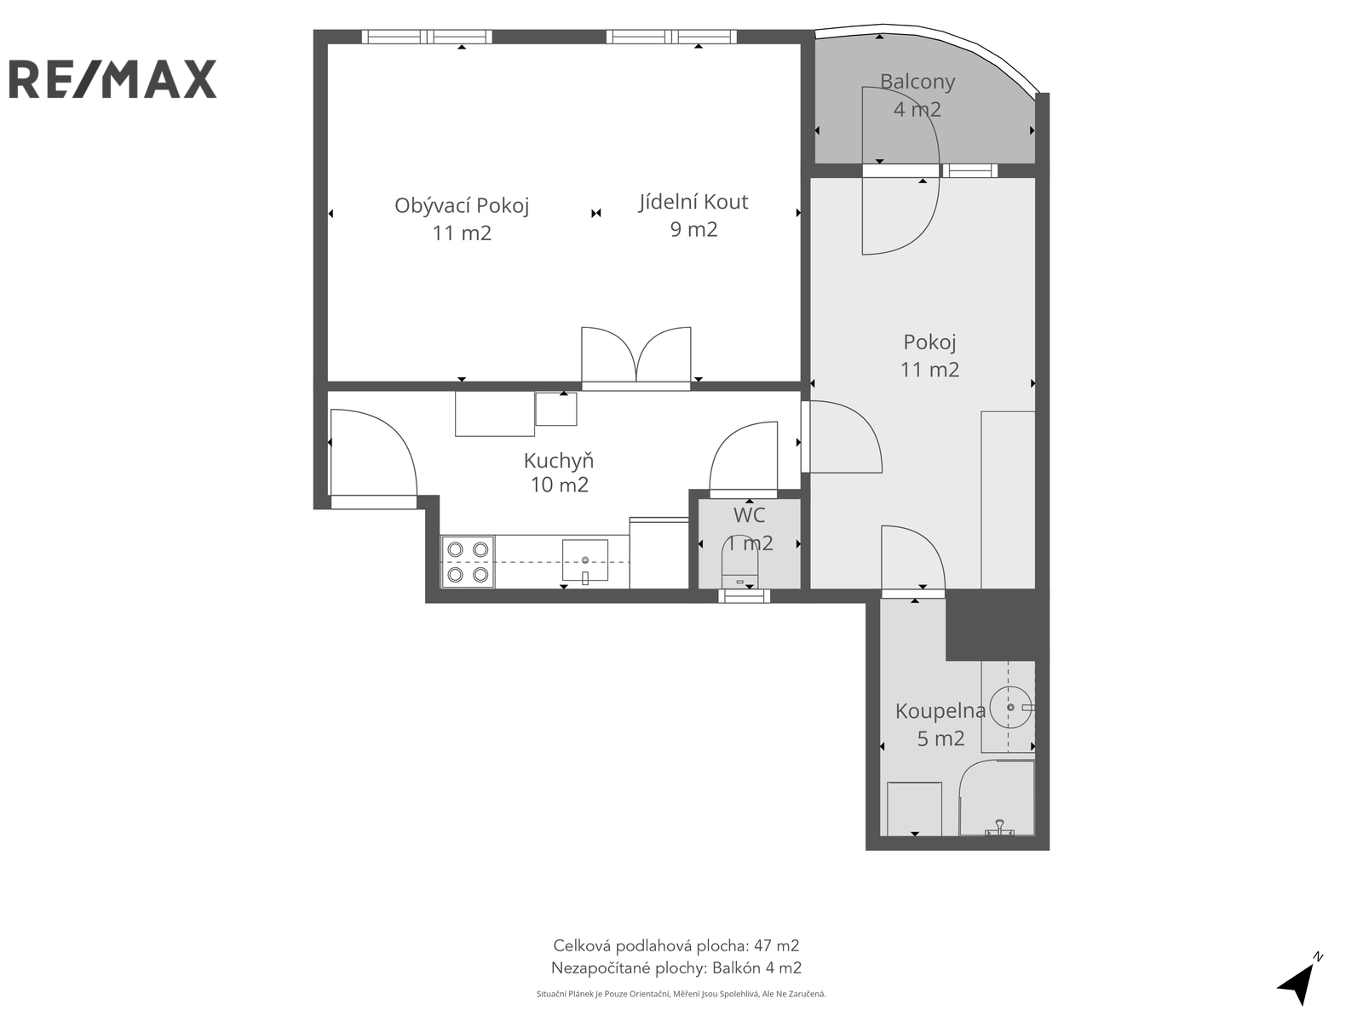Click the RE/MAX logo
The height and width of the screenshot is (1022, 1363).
click(x=112, y=79)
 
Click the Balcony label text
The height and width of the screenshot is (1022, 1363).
click(x=917, y=81)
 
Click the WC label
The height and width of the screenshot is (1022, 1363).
click(x=749, y=515)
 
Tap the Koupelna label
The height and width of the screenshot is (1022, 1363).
click(x=940, y=711)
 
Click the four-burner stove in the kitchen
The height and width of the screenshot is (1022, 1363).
click(x=468, y=561)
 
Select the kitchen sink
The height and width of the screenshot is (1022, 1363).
click(x=585, y=560)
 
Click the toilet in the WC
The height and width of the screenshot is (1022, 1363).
click(x=740, y=561)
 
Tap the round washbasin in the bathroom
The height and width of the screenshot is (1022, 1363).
click(x=1011, y=708)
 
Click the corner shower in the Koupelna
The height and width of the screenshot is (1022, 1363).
click(x=997, y=798)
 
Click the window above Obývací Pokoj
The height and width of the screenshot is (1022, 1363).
click(x=427, y=37)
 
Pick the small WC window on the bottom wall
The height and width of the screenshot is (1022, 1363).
click(x=744, y=596)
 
